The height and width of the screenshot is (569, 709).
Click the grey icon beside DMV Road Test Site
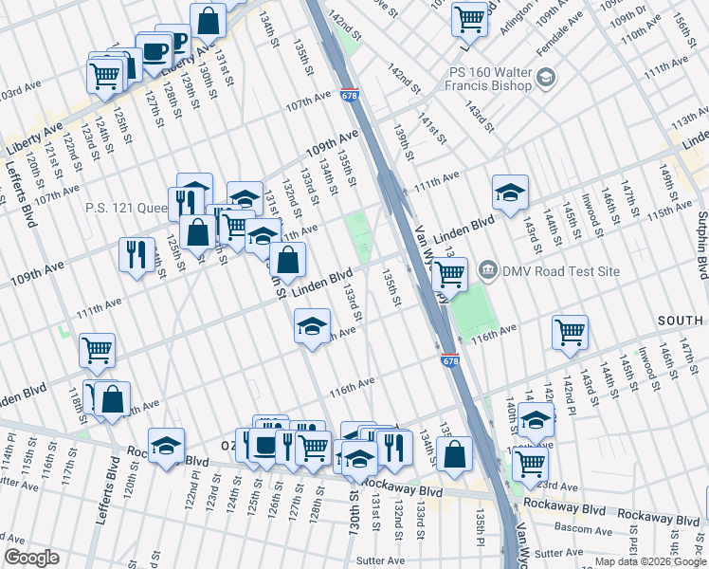click(489, 271)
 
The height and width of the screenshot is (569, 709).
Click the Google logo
click(32, 558)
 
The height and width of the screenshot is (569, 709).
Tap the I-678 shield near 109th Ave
click(349, 95)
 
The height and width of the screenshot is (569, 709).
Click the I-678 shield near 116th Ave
click(450, 360)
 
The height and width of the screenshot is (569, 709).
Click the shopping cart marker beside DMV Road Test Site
click(449, 275)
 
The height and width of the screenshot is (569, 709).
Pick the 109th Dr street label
click(627, 17)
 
